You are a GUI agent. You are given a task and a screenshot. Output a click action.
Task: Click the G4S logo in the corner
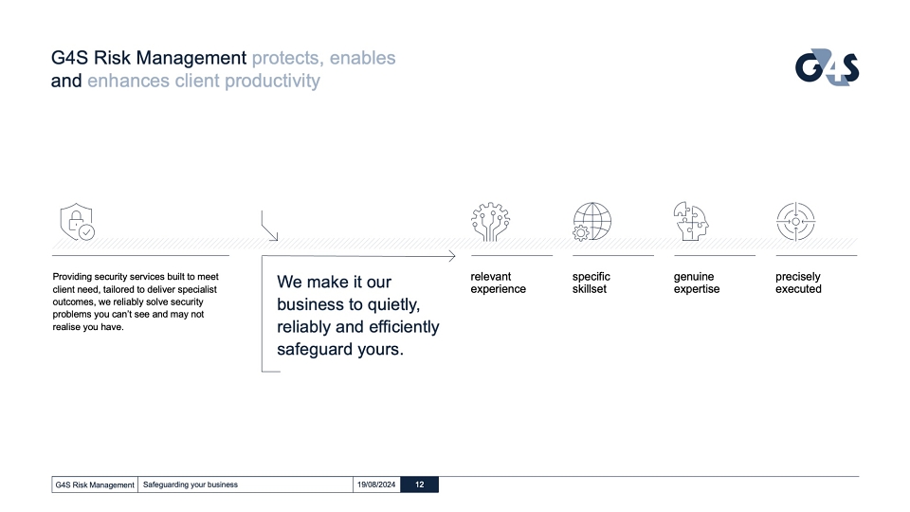(x=827, y=67)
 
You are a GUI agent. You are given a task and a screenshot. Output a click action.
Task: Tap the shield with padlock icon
(x=77, y=222)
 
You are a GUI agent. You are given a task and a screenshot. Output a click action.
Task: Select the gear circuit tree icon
(x=490, y=221)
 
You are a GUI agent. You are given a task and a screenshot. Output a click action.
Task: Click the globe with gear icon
(x=591, y=221)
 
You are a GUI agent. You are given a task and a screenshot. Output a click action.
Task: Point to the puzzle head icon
(x=691, y=221)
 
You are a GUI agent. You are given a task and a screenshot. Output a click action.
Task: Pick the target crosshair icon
(x=795, y=221)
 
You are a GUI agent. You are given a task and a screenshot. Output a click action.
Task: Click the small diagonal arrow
(x=269, y=226)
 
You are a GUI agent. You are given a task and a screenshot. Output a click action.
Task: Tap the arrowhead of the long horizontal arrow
(x=452, y=256)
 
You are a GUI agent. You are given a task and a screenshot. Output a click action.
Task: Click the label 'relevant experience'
(x=498, y=283)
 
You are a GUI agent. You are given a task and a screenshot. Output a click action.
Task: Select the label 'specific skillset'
(x=591, y=283)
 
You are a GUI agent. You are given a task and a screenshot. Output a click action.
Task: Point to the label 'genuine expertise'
(x=697, y=283)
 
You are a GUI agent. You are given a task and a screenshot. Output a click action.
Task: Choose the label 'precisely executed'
(x=798, y=283)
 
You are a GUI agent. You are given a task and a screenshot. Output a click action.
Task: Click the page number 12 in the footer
(x=420, y=485)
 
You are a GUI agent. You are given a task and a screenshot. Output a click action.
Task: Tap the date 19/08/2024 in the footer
(x=376, y=485)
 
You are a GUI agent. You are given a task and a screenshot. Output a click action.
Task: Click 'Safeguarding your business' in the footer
(x=191, y=485)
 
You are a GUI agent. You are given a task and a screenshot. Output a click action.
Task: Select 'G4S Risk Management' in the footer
(x=95, y=485)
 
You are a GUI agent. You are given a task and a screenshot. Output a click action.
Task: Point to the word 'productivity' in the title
(x=272, y=81)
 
